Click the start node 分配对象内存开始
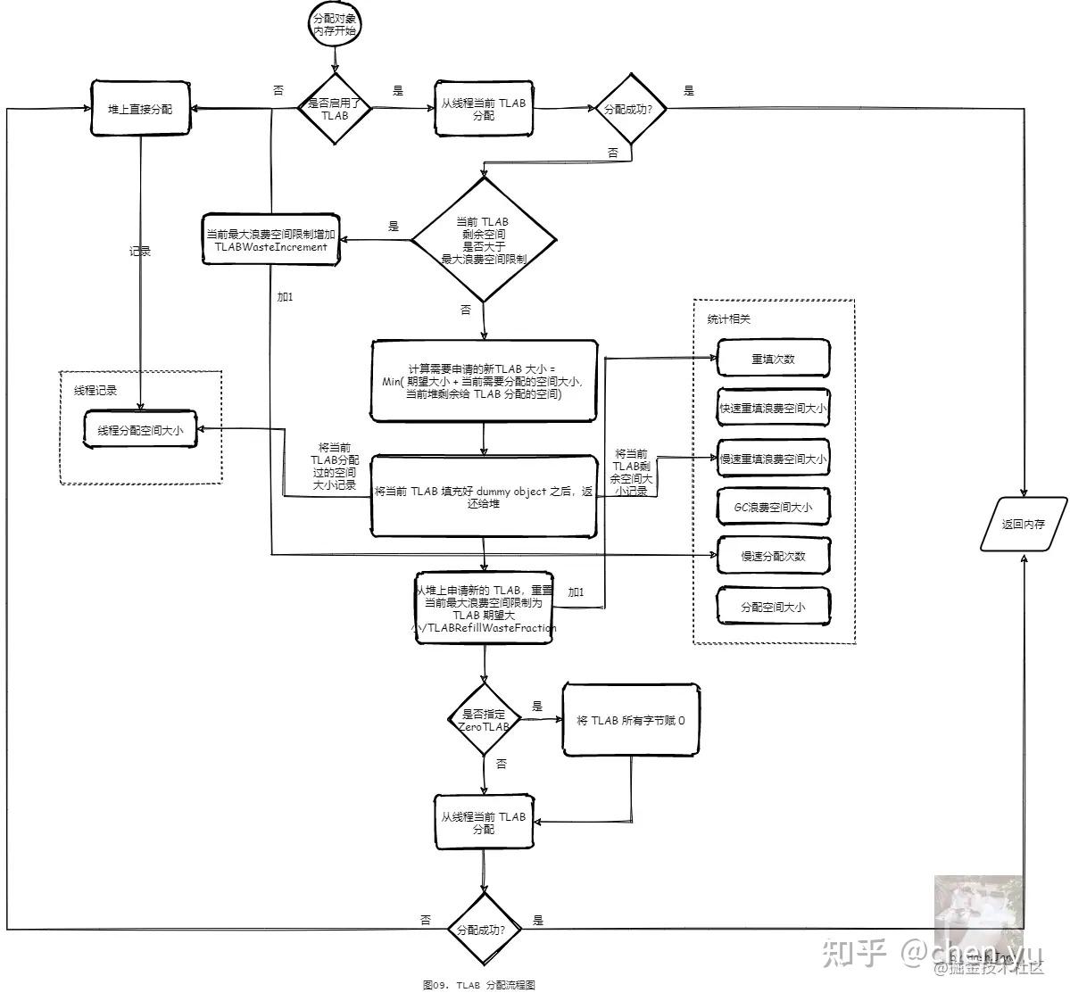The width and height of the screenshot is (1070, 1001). pyautogui.click(x=336, y=24)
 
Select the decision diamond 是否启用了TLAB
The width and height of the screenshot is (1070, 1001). pyautogui.click(x=335, y=109)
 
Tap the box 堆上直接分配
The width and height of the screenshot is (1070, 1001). pyautogui.click(x=141, y=109)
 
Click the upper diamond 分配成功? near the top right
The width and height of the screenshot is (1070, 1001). pyautogui.click(x=632, y=109)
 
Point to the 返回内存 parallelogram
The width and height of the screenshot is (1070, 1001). pyautogui.click(x=1024, y=525)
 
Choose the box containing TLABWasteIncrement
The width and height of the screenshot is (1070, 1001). pyautogui.click(x=271, y=240)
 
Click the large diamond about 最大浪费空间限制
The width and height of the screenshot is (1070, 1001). pyautogui.click(x=484, y=240)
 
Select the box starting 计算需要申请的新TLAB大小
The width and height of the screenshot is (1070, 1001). pyautogui.click(x=484, y=381)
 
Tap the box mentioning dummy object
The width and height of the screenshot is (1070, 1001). pyautogui.click(x=484, y=497)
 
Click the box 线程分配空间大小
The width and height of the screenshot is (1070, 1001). pyautogui.click(x=141, y=430)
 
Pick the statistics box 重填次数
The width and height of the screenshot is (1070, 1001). pyautogui.click(x=774, y=360)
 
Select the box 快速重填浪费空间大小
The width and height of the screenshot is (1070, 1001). pyautogui.click(x=774, y=409)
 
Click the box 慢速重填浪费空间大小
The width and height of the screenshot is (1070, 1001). pyautogui.click(x=774, y=459)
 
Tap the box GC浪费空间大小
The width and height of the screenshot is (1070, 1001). pyautogui.click(x=774, y=508)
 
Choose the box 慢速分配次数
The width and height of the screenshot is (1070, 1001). pyautogui.click(x=774, y=557)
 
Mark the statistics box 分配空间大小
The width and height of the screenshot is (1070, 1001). pyautogui.click(x=774, y=608)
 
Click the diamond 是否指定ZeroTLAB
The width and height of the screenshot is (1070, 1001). pyautogui.click(x=484, y=720)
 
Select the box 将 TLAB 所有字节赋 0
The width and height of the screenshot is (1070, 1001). pyautogui.click(x=631, y=720)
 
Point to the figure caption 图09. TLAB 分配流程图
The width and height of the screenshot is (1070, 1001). pyautogui.click(x=479, y=985)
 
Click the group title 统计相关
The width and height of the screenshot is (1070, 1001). pyautogui.click(x=729, y=319)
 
